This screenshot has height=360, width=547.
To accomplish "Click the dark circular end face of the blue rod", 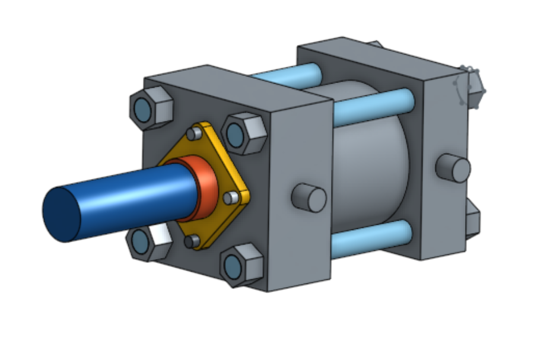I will [62, 214].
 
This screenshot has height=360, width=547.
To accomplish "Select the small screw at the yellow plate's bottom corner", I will [190, 241].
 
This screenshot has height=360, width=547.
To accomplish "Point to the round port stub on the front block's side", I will [310, 197].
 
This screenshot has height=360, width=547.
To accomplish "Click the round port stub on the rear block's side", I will [454, 168].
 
